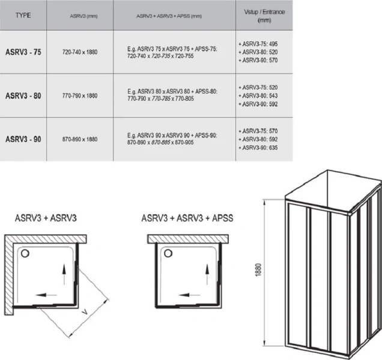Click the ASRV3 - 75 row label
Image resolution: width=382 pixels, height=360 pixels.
(23, 52)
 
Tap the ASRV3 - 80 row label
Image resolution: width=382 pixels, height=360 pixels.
(23, 95)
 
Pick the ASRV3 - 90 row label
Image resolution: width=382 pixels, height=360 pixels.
(23, 139)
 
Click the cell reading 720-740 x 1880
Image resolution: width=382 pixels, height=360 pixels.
(80, 52)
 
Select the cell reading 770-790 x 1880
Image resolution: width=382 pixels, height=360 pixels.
(80, 95)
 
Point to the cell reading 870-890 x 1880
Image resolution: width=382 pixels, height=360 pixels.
(80, 139)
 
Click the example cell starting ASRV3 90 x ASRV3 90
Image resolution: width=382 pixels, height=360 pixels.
(174, 139)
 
